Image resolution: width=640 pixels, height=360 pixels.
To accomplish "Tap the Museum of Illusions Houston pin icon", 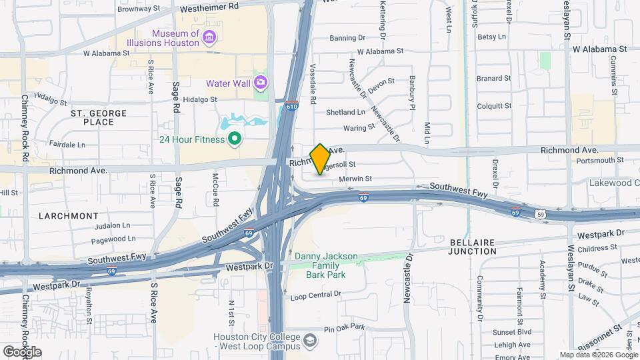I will tap(209, 36).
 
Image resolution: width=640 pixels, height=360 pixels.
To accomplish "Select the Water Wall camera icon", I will tap(260, 83).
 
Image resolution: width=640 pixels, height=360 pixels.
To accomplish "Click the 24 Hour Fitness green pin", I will tap(234, 139).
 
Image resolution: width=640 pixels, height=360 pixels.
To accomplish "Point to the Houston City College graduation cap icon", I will tap(310, 341).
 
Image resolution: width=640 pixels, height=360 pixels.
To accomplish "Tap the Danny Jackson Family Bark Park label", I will tap(327, 265).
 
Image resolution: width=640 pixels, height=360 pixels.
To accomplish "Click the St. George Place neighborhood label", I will tap(99, 117).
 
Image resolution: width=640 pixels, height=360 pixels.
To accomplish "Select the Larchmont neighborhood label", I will tap(68, 216).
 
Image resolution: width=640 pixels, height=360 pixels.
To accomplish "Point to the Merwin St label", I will tap(355, 179).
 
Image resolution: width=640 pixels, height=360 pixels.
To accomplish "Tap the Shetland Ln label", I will tap(345, 112).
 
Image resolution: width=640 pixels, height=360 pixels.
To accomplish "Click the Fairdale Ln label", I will tap(67, 144).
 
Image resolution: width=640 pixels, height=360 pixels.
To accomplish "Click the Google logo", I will tap(23, 351).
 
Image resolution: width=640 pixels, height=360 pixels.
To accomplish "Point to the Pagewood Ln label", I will tap(113, 238).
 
